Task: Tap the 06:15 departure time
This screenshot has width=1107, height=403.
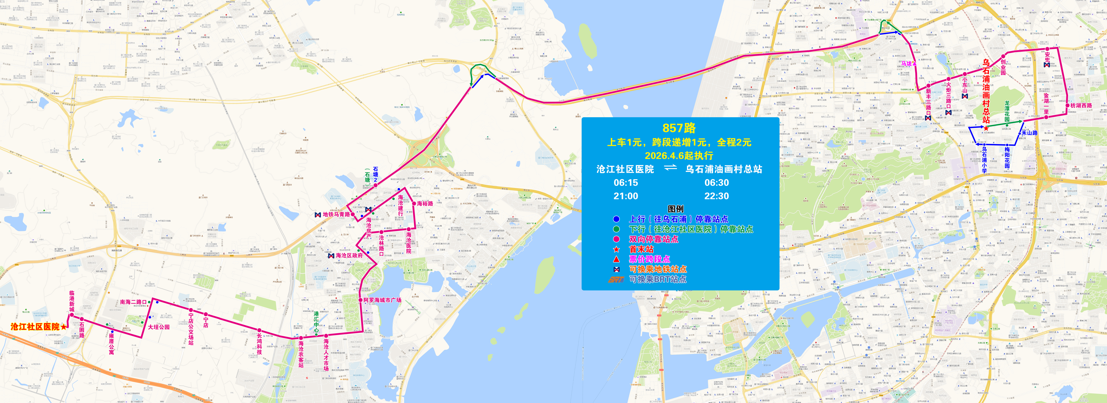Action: coord(626,183)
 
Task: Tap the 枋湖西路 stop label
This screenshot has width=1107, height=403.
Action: coord(1081,105)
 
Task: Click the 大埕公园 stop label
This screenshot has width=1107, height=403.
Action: coord(159,327)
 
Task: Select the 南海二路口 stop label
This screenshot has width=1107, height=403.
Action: coord(133,302)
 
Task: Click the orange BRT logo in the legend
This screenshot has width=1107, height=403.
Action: coord(616,279)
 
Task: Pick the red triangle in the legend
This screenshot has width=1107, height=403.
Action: coord(616,259)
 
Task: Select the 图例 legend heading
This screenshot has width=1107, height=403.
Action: coord(676,209)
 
